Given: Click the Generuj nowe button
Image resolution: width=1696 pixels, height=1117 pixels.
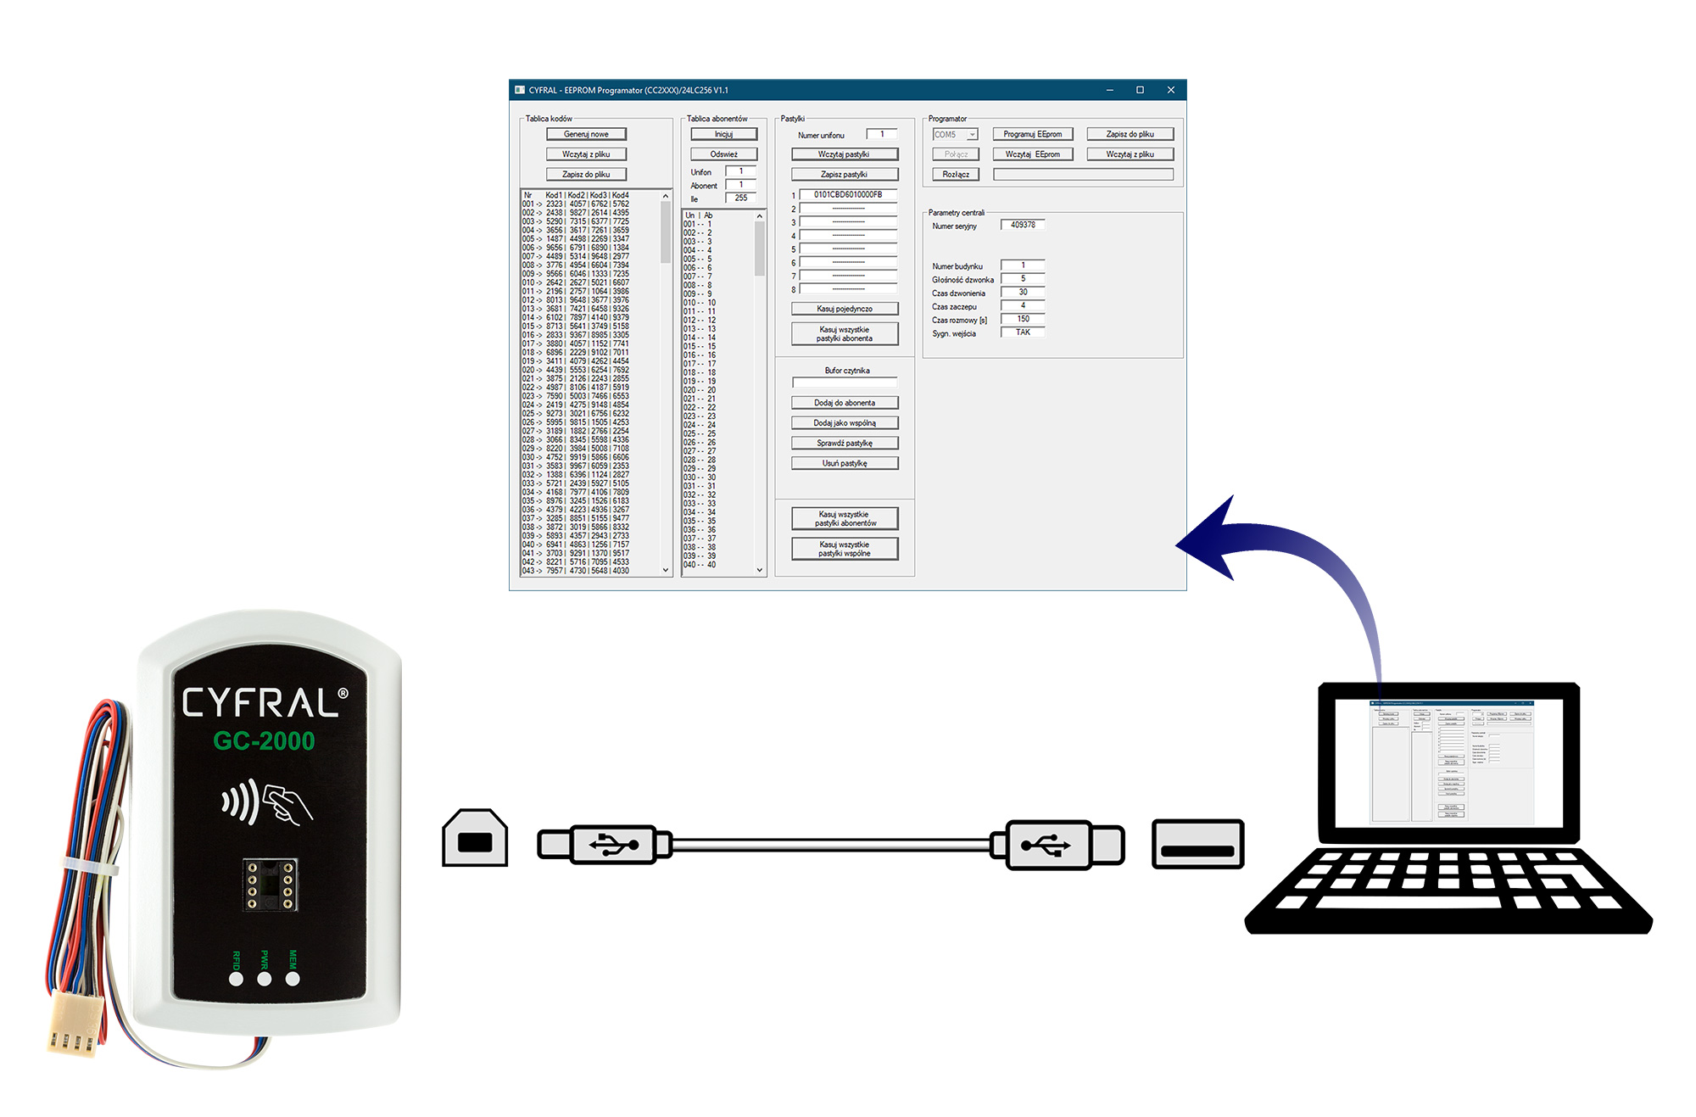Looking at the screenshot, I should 586,134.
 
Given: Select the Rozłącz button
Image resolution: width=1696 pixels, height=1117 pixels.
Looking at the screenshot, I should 956,175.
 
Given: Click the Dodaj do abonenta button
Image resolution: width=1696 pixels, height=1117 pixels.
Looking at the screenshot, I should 845,403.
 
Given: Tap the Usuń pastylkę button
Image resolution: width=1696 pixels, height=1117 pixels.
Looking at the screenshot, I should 845,463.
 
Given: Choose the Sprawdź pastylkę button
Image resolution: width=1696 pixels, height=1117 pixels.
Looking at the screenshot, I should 845,443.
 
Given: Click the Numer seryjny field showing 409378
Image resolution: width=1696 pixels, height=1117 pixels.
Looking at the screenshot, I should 1023,225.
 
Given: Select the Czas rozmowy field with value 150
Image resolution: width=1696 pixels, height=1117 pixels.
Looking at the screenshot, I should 1023,319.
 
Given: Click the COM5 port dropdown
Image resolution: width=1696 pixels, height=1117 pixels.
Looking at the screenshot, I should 956,134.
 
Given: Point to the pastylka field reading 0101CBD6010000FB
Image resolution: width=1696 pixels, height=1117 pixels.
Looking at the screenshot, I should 848,195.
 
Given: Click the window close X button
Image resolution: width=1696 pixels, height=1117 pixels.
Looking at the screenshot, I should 1171,90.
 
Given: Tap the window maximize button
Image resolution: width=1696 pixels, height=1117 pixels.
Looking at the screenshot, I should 1140,90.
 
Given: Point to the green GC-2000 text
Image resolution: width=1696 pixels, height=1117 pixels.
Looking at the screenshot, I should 264,741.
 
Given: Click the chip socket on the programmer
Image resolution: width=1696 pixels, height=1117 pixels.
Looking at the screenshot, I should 270,885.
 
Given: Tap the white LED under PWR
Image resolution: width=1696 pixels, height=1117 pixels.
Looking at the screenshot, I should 265,979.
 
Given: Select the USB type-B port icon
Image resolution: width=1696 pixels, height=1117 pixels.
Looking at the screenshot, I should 475,839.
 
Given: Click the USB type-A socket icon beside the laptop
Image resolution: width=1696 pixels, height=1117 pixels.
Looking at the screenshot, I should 1197,845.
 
